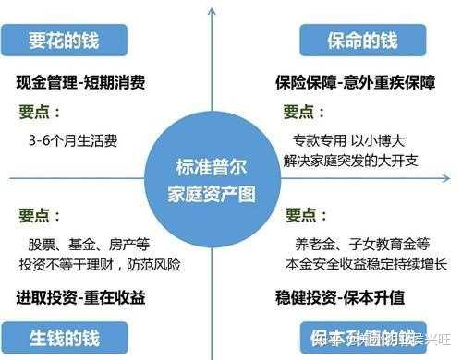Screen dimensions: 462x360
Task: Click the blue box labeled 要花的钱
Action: pyautogui.click(x=64, y=40)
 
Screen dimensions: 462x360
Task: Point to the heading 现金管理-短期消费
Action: pyautogui.click(x=81, y=81)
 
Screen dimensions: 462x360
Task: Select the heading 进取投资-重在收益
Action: pyautogui.click(x=81, y=298)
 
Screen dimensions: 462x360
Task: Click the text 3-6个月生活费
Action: pyautogui.click(x=74, y=141)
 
